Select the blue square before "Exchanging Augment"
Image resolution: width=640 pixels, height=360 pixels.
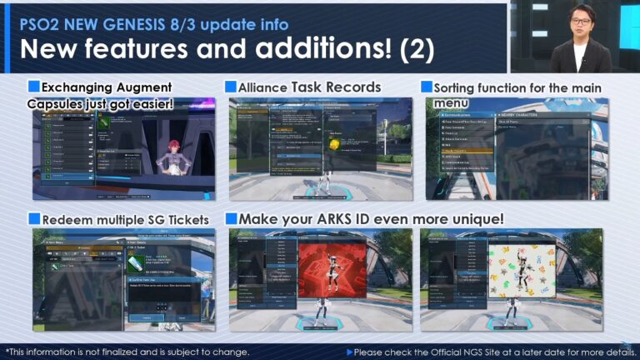click(34, 87)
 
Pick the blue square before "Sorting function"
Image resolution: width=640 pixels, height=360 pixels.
click(427, 87)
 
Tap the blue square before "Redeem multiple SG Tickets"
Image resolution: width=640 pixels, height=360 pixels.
click(34, 218)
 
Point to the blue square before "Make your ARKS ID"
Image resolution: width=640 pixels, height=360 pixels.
click(231, 218)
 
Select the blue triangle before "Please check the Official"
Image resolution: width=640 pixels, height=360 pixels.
click(349, 352)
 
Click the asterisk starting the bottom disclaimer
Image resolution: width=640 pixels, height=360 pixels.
click(7, 352)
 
